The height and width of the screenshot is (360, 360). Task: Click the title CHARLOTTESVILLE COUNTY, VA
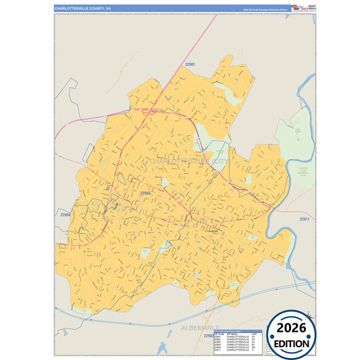pos(82,8)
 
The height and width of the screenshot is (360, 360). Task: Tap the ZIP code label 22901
pos(190,65)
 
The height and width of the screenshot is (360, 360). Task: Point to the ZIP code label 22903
pos(145,193)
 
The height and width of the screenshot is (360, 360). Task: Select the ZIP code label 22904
pos(65,215)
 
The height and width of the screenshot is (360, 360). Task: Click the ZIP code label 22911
pos(304,219)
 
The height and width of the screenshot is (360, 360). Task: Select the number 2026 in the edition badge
pos(291,328)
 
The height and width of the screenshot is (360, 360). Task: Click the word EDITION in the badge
pos(291,344)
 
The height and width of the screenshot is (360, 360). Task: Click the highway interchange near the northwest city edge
pos(153,111)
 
